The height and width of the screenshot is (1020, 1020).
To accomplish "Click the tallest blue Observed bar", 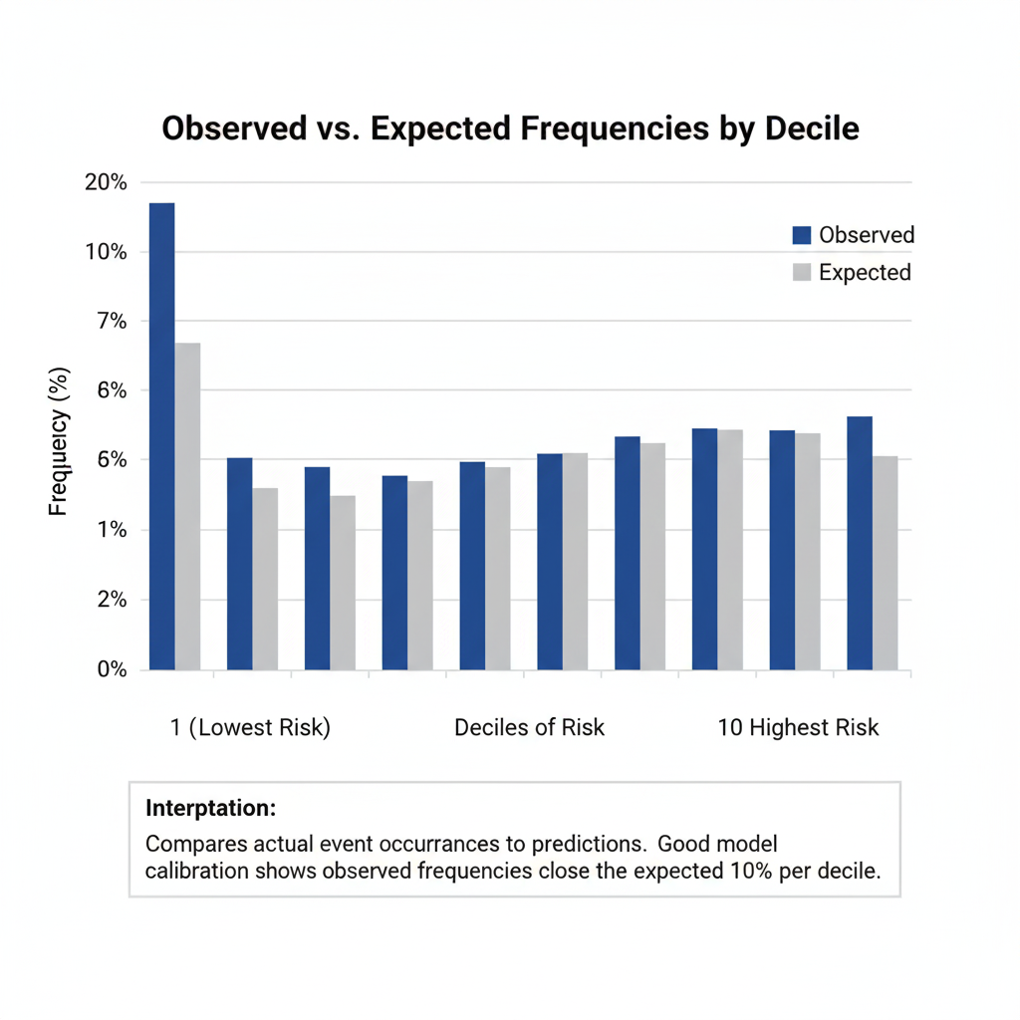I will click(x=161, y=435).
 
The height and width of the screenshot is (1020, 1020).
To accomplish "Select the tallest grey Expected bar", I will click(x=187, y=506).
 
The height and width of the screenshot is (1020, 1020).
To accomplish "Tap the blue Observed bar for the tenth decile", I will click(x=860, y=543).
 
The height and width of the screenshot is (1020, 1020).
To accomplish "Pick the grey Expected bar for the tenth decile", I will click(x=886, y=563).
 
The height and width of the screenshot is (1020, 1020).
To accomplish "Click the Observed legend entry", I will click(x=853, y=235).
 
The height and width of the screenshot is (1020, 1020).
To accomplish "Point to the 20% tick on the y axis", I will click(x=106, y=182).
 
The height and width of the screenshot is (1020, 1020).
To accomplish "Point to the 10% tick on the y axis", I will click(x=106, y=252).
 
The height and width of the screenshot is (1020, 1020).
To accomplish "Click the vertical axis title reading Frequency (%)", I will click(x=59, y=442).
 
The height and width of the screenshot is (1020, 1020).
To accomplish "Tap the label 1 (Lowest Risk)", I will click(x=250, y=727).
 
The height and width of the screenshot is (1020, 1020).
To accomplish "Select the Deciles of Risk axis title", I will click(x=529, y=727).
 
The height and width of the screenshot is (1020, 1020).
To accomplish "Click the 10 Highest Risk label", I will click(x=798, y=727).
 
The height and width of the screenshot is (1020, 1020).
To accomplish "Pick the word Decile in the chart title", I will click(x=807, y=129).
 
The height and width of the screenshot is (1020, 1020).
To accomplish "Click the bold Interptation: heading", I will click(x=210, y=807).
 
